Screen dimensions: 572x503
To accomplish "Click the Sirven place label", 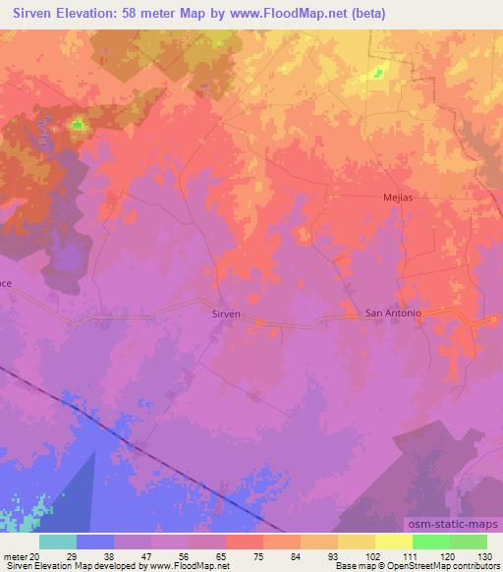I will (227, 315).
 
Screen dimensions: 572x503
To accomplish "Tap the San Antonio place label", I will (393, 314).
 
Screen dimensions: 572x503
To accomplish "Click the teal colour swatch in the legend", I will (58, 542).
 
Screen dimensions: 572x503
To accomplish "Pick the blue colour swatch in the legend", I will (95, 542).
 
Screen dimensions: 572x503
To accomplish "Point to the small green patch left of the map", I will (78, 125).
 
